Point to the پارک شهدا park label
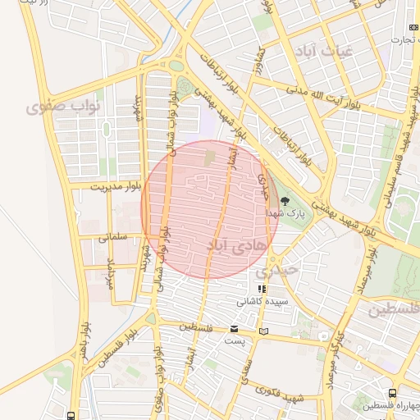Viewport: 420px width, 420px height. pyautogui.click(x=285, y=212)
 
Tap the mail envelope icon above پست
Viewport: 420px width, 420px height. pyautogui.click(x=235, y=330)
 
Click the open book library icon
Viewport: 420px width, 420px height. pyautogui.click(x=262, y=331)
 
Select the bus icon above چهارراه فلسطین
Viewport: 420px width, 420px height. pyautogui.click(x=393, y=393)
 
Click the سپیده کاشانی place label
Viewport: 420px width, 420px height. pyautogui.click(x=261, y=301)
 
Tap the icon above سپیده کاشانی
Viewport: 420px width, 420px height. pyautogui.click(x=261, y=290)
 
